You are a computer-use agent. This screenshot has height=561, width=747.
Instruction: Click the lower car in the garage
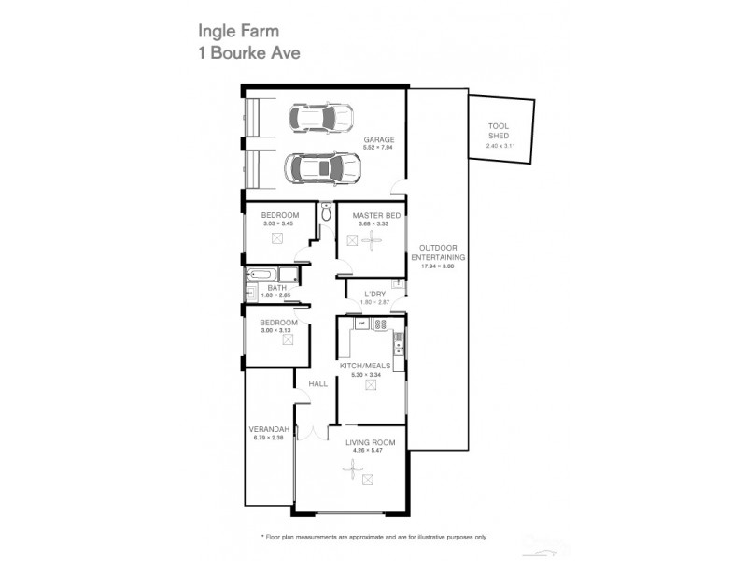point(323,169)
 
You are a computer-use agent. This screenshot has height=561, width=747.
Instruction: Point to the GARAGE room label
point(379,139)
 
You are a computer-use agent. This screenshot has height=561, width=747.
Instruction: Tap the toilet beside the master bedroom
point(326,213)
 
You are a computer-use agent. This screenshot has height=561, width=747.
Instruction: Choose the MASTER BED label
point(371,215)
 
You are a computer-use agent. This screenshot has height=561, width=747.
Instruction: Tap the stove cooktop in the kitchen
point(379,325)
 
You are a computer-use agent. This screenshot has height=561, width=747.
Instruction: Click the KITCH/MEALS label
point(371,365)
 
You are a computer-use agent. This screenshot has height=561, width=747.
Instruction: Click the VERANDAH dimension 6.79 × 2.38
point(267,437)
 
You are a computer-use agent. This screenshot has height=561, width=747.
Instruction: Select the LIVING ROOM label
point(370,442)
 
